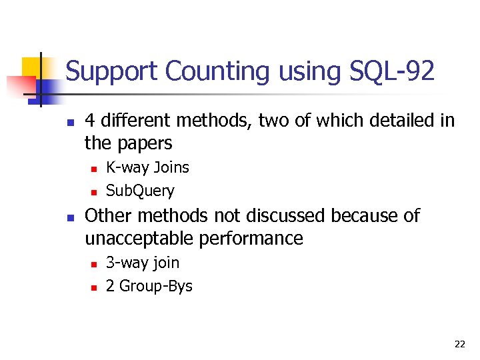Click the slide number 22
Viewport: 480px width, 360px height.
tap(459, 344)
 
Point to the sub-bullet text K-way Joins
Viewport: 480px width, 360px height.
tap(147, 167)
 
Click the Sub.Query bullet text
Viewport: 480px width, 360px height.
tap(140, 191)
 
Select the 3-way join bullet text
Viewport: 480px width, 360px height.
tap(143, 263)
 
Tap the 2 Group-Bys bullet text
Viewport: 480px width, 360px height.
tap(149, 287)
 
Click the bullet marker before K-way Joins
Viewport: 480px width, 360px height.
tap(93, 169)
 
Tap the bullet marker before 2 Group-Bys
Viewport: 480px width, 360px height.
tap(93, 287)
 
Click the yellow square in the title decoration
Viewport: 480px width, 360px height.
tap(31, 67)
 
